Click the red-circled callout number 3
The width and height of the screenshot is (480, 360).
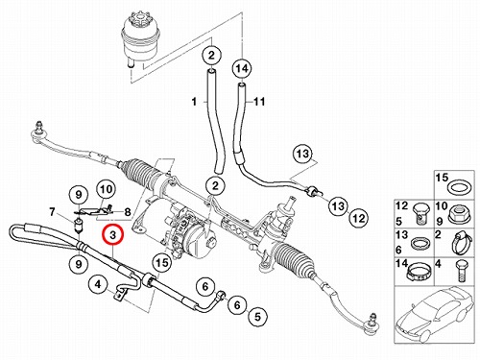click(112, 235)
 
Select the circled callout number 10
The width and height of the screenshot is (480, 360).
click(107, 189)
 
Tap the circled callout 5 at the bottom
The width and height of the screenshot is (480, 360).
click(257, 317)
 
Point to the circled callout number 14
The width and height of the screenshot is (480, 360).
click(242, 68)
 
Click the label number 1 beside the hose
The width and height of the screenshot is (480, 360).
click(194, 102)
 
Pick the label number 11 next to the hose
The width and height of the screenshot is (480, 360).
click(259, 102)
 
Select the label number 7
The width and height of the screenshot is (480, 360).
click(53, 211)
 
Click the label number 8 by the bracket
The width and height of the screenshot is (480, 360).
click(128, 211)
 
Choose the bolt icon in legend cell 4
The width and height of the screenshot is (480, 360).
click(461, 272)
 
